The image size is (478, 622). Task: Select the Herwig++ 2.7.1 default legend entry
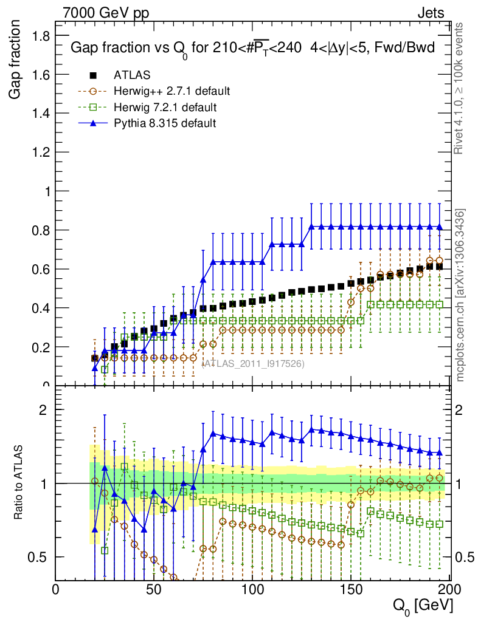(171, 92)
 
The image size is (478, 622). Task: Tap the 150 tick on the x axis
(351, 589)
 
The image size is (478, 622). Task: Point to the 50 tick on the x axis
(154, 589)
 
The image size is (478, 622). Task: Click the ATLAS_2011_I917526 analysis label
(252, 363)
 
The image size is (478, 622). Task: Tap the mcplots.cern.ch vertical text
(460, 295)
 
